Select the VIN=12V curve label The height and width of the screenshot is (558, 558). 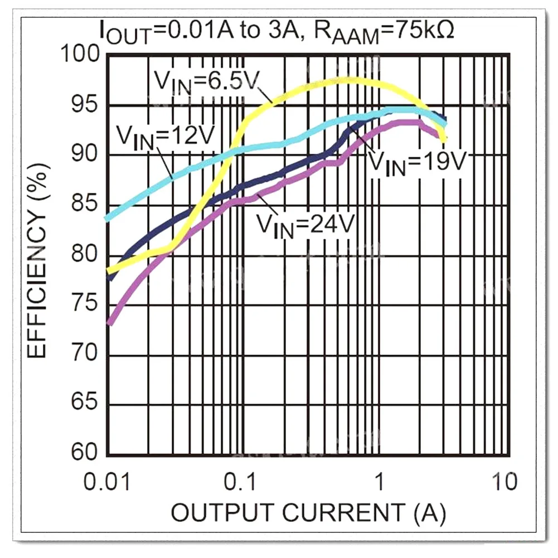click(165, 135)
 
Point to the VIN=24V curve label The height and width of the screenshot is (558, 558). click(305, 225)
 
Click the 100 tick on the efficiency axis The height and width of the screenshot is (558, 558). click(81, 55)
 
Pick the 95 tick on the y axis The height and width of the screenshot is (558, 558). click(86, 105)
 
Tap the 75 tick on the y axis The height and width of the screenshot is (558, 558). click(86, 304)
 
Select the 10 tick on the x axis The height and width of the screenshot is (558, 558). click(504, 481)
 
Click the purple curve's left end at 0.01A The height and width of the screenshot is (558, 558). click(109, 322)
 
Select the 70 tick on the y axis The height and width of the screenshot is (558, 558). click(86, 355)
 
